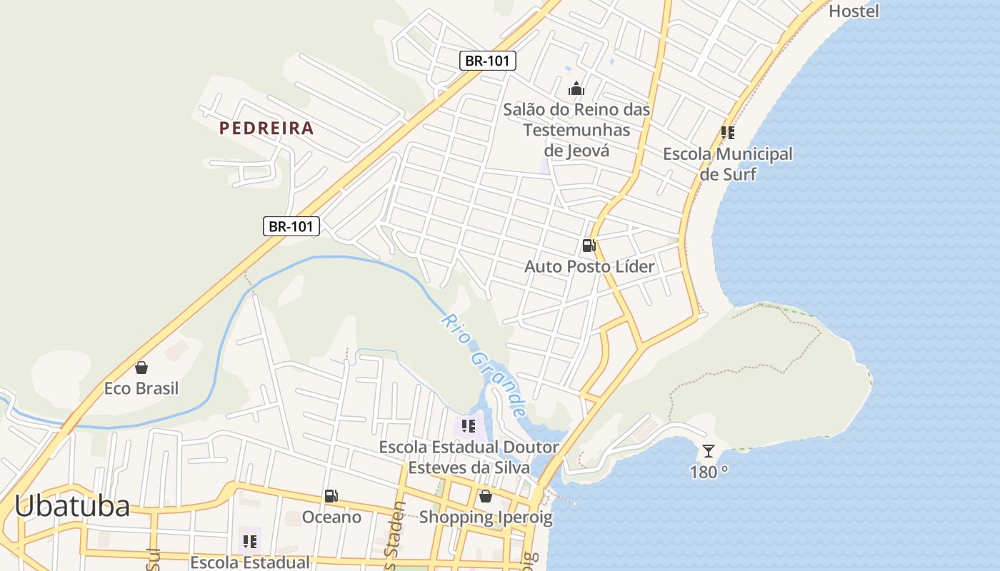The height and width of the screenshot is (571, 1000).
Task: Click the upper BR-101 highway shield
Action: [487, 61]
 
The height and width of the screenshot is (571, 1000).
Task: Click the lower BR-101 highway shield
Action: [291, 226]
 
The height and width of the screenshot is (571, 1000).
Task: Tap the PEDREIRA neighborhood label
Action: [266, 128]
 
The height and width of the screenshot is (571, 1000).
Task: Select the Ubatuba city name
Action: [72, 506]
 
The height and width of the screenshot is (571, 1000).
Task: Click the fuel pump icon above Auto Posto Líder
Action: [589, 246]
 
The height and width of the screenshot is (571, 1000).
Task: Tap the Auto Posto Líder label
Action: [589, 267]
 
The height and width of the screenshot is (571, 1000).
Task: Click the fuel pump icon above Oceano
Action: [331, 495]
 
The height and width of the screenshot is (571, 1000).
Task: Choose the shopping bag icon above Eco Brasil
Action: [141, 368]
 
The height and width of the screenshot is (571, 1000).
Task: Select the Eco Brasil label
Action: [141, 389]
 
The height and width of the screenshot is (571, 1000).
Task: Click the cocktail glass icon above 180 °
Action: [708, 450]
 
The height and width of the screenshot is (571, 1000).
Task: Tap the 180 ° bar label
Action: [709, 472]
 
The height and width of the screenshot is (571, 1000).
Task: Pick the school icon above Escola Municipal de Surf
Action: [727, 133]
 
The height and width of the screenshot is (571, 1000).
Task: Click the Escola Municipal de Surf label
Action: [728, 163]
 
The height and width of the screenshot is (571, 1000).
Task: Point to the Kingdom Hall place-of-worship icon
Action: [576, 89]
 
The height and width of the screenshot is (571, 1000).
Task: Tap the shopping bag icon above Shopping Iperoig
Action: [486, 496]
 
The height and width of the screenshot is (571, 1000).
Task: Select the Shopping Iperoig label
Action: [486, 517]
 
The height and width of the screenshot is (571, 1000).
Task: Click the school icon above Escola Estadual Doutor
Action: [469, 426]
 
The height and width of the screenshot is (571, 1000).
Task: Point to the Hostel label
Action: [854, 11]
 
